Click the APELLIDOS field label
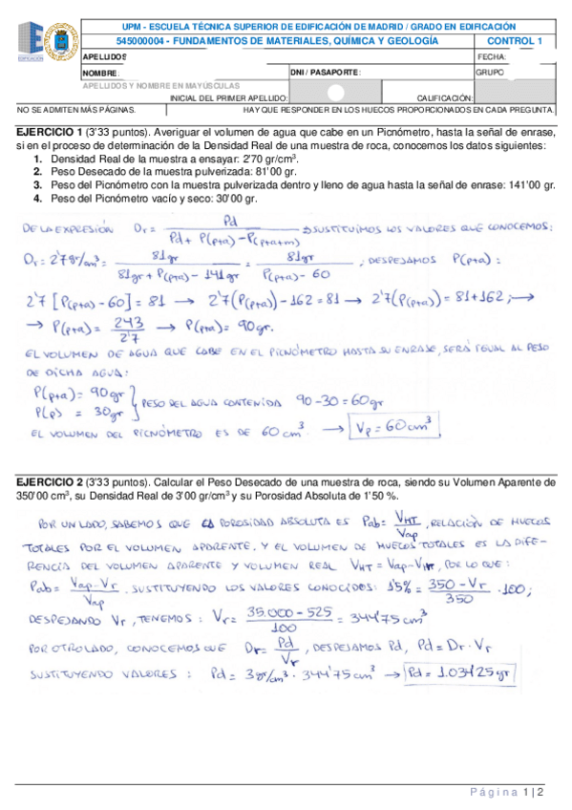click(x=104, y=57)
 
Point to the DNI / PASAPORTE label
click(x=326, y=72)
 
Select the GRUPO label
click(x=491, y=72)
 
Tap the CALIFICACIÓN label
click(x=444, y=97)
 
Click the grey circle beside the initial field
click(x=336, y=93)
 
